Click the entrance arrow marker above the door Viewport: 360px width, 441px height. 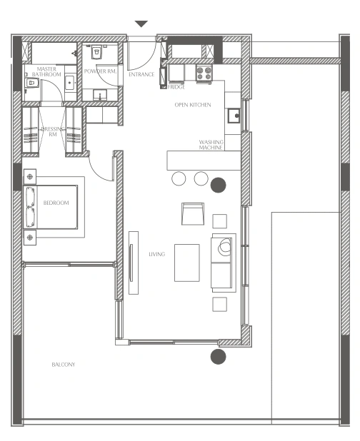(x=141, y=24)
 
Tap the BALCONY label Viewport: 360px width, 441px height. (x=64, y=365)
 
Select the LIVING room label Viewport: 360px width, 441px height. (x=156, y=254)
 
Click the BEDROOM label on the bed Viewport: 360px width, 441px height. (x=56, y=203)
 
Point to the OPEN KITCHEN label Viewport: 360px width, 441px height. (x=193, y=105)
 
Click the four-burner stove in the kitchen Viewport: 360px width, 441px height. (x=204, y=73)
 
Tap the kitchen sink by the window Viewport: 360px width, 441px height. (x=234, y=116)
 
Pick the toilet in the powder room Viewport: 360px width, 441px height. (x=96, y=52)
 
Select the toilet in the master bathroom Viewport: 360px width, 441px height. (x=32, y=83)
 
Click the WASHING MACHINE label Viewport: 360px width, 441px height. (x=211, y=145)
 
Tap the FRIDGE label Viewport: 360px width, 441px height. (x=176, y=87)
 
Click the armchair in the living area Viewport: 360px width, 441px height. (x=193, y=214)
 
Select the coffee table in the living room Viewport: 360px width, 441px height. (x=187, y=263)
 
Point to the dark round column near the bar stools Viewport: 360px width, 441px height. (x=218, y=185)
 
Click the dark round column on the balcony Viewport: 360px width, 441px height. (x=218, y=356)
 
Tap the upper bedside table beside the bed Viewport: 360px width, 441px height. (x=30, y=177)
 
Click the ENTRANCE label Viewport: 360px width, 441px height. (x=141, y=74)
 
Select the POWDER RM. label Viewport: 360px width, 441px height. (x=100, y=71)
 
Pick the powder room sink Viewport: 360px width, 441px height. (x=100, y=95)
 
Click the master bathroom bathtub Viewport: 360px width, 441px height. (x=54, y=53)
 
